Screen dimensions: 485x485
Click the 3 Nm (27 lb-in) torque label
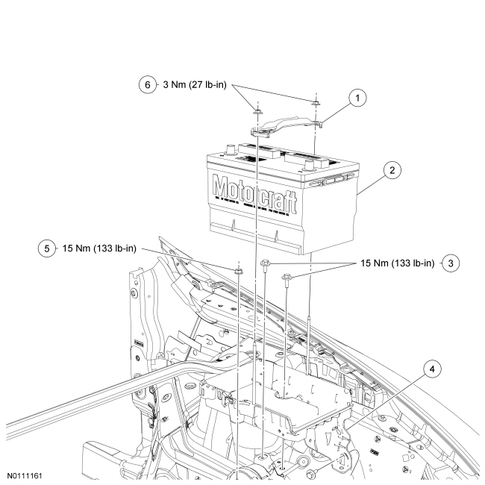(195, 84)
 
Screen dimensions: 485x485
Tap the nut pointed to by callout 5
(238, 269)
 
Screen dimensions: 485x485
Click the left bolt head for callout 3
(265, 263)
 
